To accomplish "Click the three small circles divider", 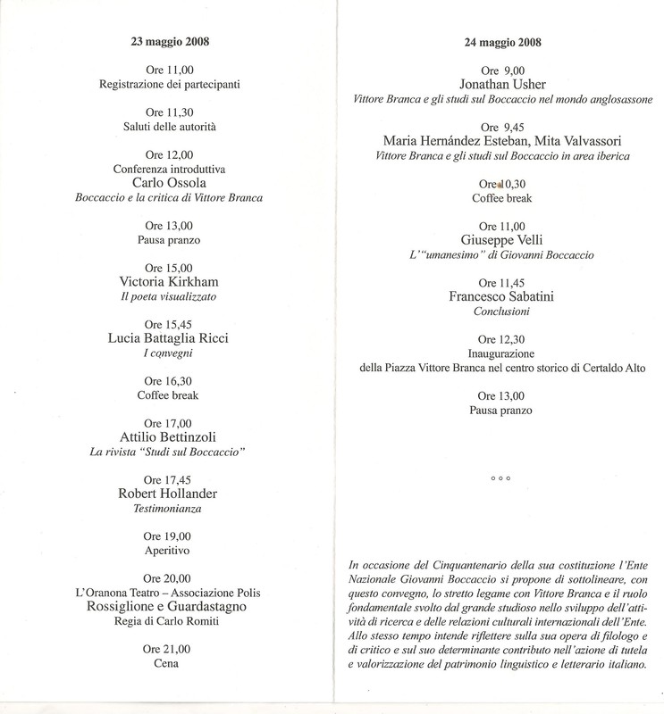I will (x=500, y=479).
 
